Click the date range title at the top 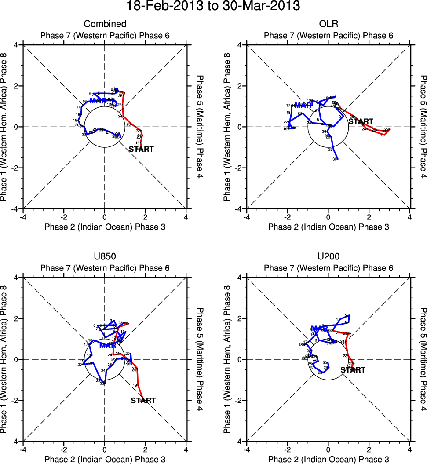(213, 7)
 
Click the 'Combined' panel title (105, 24)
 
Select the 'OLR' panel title (328, 24)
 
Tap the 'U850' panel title (105, 256)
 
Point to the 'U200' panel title (328, 256)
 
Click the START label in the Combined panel (141, 149)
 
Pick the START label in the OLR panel (361, 121)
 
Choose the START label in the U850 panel (143, 400)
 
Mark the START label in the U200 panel (353, 370)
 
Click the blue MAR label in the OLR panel (303, 106)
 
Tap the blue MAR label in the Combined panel (98, 101)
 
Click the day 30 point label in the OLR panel (335, 159)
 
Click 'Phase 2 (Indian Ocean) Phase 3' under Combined (105, 227)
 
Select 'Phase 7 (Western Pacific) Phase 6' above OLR (328, 35)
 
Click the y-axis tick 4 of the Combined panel (16, 45)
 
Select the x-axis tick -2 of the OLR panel (287, 217)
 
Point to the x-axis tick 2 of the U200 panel (369, 449)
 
